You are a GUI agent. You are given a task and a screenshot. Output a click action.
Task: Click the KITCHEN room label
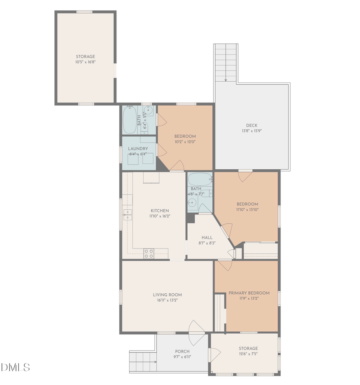click(160, 211)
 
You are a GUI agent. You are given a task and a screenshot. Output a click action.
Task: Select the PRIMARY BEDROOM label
click(249, 293)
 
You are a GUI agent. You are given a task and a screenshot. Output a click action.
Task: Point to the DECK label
click(252, 125)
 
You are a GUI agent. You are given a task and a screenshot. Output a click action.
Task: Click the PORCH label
click(182, 351)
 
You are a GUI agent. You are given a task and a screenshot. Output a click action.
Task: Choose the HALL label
click(207, 237)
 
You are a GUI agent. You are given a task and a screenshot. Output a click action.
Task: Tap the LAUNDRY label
click(138, 149)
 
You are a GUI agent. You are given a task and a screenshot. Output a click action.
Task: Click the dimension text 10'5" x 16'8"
click(86, 62)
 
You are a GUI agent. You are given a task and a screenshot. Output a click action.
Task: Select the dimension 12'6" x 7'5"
click(248, 354)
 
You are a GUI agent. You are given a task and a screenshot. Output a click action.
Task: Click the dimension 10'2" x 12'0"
click(185, 142)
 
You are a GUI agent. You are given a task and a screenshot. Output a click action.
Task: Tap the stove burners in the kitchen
click(149, 253)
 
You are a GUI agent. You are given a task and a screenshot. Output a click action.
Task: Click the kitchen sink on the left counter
click(127, 215)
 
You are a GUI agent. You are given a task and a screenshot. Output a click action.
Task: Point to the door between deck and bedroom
click(245, 175)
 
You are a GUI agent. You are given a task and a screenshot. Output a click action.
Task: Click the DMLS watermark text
click(15, 367)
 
